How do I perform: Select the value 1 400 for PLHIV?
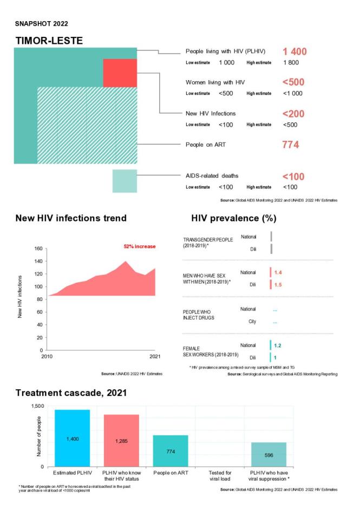tap(294, 52)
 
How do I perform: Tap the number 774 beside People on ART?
tap(291, 145)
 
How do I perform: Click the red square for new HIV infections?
tap(120, 73)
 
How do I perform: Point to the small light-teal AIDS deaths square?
tap(125, 181)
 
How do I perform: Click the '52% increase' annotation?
tap(140, 247)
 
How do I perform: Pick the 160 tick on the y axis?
tap(38, 249)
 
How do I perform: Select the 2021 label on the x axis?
tap(155, 356)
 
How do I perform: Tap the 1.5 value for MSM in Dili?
tap(278, 285)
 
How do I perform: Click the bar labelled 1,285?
tap(121, 440)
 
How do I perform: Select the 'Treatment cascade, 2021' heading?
tap(70, 393)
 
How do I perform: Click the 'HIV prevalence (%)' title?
tap(234, 218)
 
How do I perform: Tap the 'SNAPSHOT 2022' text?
tap(38, 23)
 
